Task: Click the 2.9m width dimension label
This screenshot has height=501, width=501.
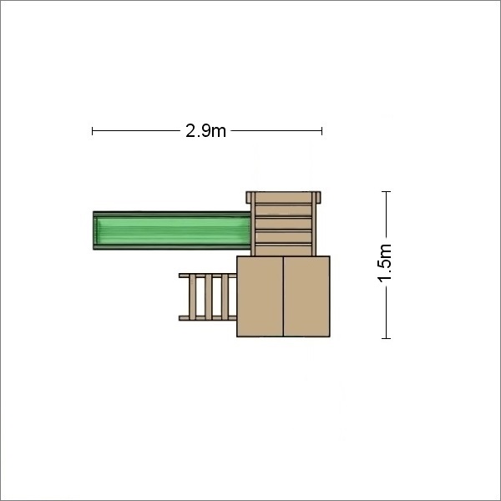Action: coord(205,131)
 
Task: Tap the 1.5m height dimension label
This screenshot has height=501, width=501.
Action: coord(384,263)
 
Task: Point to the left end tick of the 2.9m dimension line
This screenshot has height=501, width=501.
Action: coord(93,131)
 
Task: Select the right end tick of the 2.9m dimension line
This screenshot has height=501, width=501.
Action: coord(321,131)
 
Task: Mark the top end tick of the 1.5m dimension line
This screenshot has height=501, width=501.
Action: coord(386,192)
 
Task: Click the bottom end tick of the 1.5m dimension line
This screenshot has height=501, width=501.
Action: coord(386,338)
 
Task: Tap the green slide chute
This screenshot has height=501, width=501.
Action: coord(173,230)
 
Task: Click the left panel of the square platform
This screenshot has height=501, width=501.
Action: coord(260,296)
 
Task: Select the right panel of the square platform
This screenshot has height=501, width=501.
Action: coord(306,296)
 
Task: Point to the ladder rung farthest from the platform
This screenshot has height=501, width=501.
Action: coord(192,296)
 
